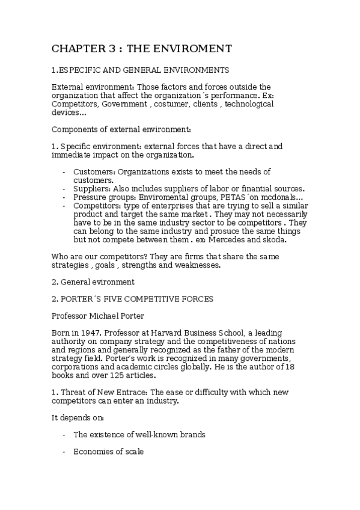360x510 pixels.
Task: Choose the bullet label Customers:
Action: click(x=94, y=171)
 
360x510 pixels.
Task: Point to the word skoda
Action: click(x=274, y=239)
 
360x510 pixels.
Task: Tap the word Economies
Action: click(x=93, y=450)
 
